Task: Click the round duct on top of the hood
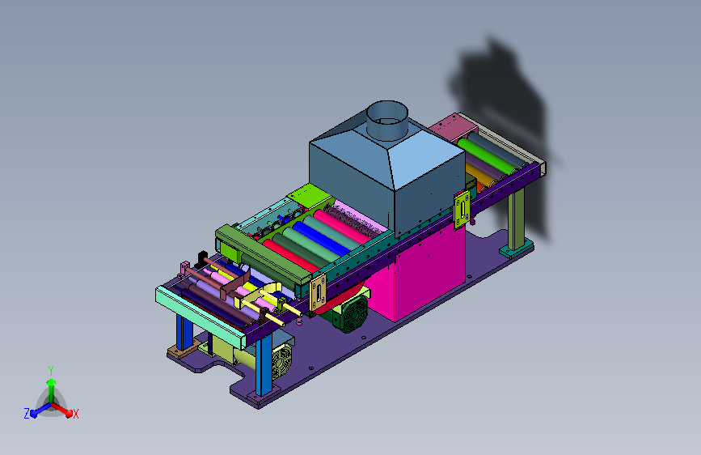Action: [x=387, y=119]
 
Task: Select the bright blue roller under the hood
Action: [x=320, y=238]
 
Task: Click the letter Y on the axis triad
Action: [x=50, y=371]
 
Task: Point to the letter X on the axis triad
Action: [x=75, y=415]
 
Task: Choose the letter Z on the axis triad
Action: [x=27, y=414]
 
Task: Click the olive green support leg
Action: [x=517, y=218]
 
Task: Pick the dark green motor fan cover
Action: [x=353, y=314]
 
